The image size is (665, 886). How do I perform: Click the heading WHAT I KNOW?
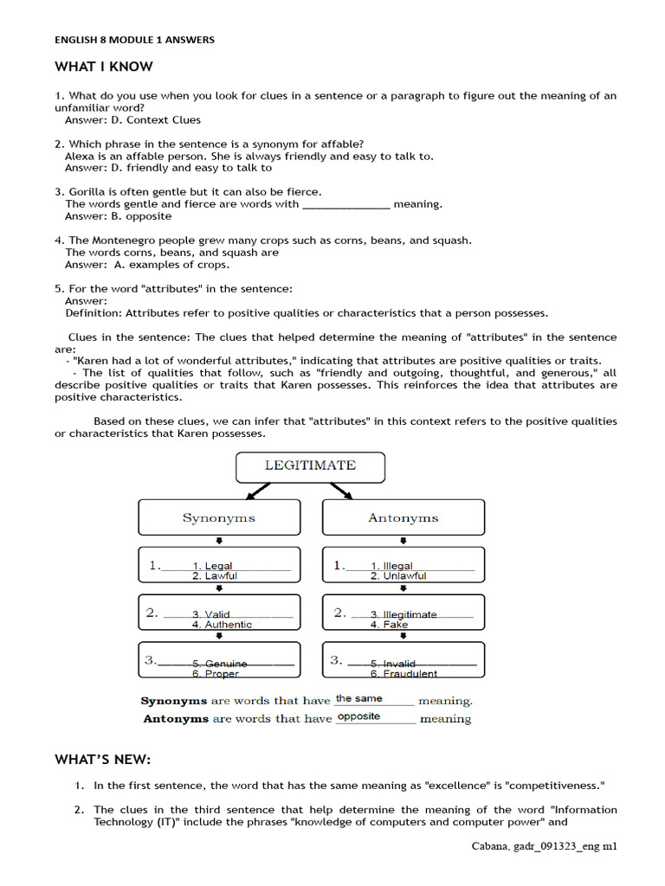104,67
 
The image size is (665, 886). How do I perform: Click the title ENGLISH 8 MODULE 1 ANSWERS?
134,40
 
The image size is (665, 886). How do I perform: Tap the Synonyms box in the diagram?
219,517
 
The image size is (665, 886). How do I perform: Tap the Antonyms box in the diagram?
404,517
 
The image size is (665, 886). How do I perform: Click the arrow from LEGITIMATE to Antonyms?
340,491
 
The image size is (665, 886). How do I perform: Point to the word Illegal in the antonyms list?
398,566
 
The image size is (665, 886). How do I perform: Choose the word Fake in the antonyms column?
396,625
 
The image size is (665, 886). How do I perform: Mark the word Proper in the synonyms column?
222,674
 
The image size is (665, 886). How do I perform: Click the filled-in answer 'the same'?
358,698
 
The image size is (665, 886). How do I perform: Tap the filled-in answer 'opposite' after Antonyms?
358,716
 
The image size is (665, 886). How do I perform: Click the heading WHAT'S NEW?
103,760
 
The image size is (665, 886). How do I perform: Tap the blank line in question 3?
345,205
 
